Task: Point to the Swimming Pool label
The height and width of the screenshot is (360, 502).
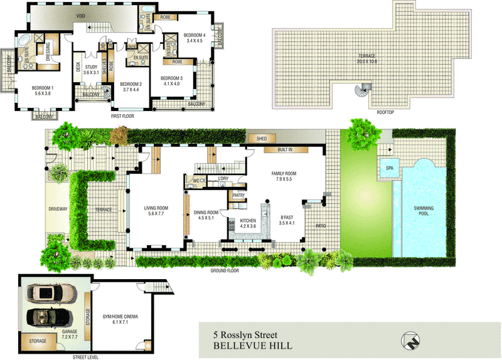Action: pyautogui.click(x=425, y=211)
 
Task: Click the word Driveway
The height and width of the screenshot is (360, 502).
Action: pyautogui.click(x=57, y=209)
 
